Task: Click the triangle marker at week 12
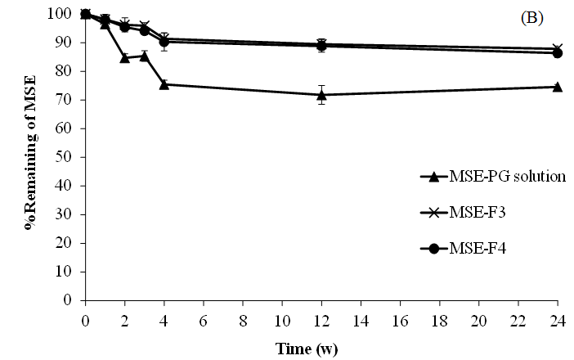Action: pos(322,95)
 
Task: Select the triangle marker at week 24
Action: pos(558,87)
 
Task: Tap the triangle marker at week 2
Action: pos(124,58)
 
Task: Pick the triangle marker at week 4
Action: pos(164,84)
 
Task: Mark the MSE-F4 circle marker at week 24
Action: pos(558,53)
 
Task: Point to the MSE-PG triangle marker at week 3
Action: pos(145,56)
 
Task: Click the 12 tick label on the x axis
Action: pos(321,317)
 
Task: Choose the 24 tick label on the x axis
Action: pos(558,317)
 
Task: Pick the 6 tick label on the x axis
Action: pos(204,317)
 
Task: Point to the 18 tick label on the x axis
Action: pos(440,317)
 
